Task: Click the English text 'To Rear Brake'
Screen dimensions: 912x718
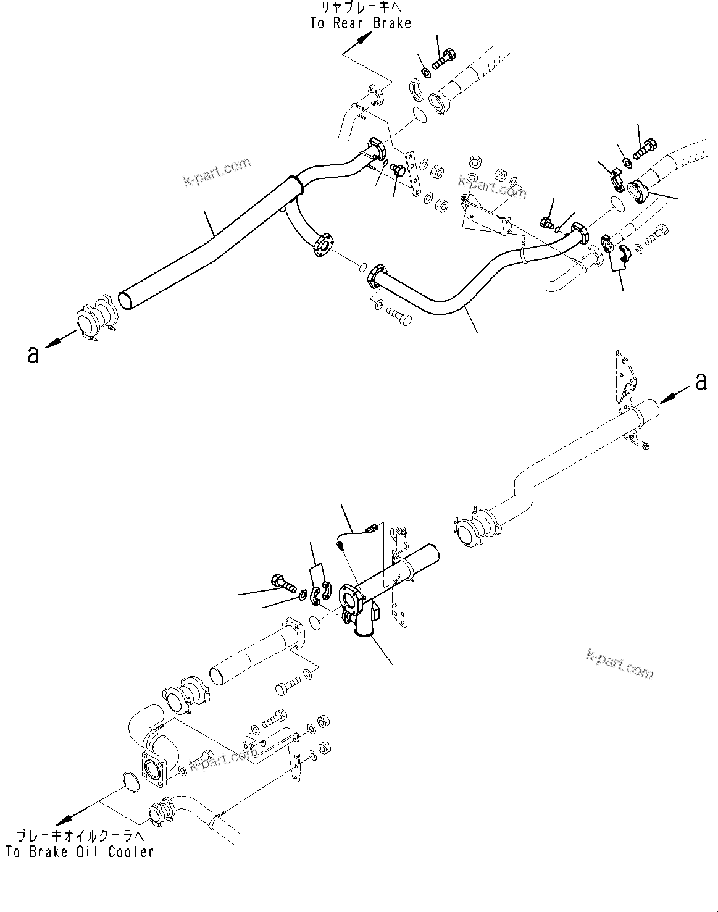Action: coord(360,23)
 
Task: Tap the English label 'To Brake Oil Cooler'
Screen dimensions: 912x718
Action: coord(80,852)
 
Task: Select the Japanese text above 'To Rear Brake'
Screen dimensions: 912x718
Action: coord(361,8)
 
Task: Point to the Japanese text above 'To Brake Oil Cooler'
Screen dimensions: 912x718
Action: coord(80,837)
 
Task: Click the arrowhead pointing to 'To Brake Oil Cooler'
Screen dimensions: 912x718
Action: coord(60,821)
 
